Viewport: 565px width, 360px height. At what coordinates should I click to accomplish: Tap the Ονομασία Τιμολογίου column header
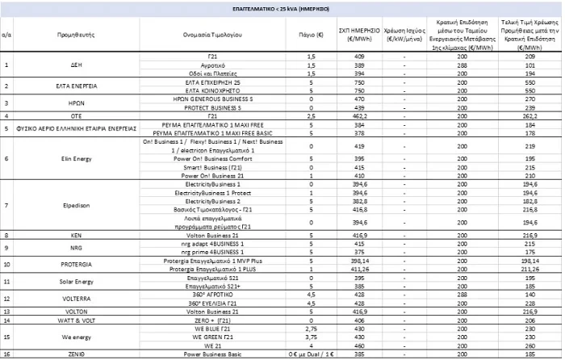coord(211,35)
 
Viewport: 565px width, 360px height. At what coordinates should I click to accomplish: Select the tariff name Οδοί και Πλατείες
coord(211,73)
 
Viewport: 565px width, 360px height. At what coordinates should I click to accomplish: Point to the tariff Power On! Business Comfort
coord(211,158)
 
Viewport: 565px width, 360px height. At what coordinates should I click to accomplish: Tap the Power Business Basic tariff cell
coord(211,354)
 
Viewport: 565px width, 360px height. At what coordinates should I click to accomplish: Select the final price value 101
coord(531,65)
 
